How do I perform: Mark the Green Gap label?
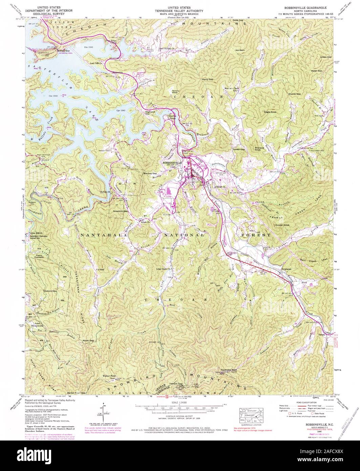(x=326, y=57)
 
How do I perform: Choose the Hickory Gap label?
(x=50, y=291)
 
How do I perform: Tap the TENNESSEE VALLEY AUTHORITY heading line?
(x=180, y=11)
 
